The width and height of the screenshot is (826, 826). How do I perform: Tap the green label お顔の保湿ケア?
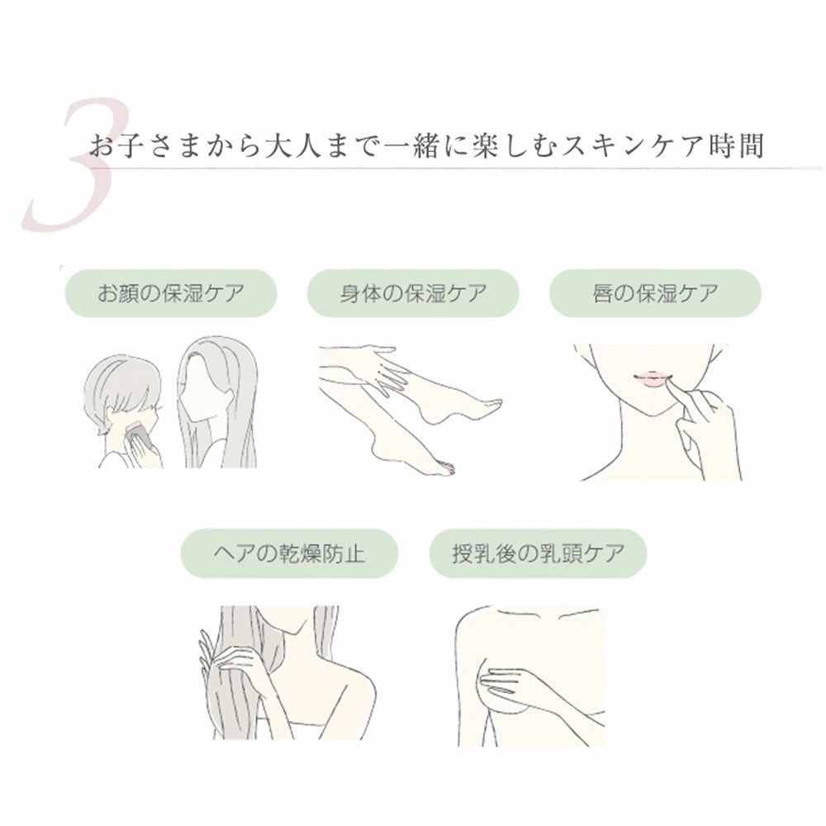[x=171, y=293]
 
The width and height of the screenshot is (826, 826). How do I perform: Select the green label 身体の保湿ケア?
[x=413, y=293]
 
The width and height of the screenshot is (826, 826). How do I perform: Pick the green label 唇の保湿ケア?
[x=655, y=293]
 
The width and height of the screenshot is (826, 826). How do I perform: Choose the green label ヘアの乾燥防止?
[x=289, y=553]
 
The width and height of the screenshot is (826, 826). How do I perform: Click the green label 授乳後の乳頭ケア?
[x=538, y=553]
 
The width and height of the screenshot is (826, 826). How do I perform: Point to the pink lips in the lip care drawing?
[x=652, y=379]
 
